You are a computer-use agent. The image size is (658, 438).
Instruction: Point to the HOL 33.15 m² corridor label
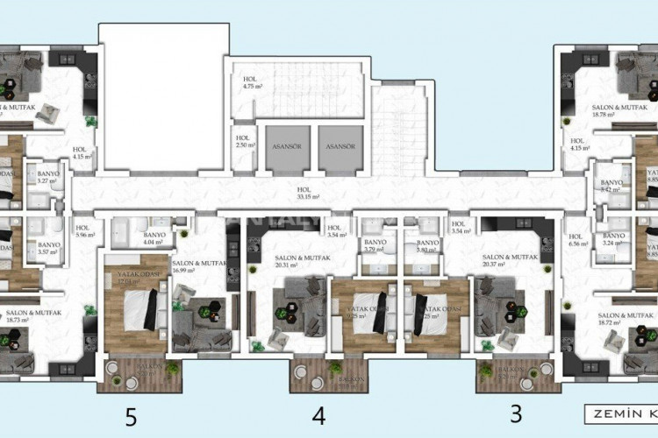(x=306, y=193)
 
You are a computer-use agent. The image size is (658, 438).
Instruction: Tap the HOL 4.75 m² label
(x=254, y=84)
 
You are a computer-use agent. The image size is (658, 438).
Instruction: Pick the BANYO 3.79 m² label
(x=375, y=246)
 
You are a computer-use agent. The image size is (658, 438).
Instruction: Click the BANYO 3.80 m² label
(x=427, y=246)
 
